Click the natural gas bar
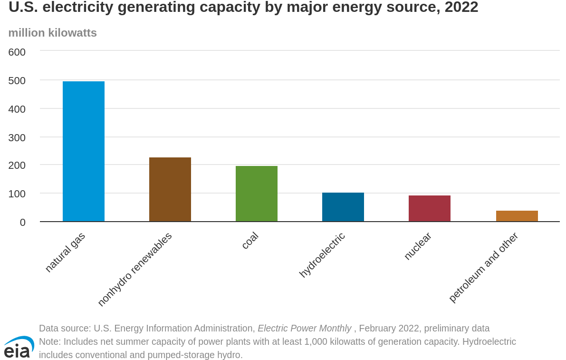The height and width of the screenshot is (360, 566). pos(84,151)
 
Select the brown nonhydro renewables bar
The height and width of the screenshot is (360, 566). pos(170,189)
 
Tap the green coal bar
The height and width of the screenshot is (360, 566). pos(257,194)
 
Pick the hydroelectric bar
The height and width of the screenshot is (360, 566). pos(343,207)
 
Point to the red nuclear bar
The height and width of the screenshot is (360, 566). pos(430,208)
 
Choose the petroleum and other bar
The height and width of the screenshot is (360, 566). pos(517,216)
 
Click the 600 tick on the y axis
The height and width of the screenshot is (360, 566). pos(17,52)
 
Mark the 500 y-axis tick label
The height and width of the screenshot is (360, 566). pos(17,80)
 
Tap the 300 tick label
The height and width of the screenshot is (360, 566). pos(17,137)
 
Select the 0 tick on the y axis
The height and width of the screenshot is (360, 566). pos(22,222)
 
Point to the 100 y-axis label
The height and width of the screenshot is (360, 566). pos(17,194)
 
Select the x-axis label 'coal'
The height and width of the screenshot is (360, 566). pos(250,240)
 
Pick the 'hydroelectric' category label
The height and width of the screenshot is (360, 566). pos(322,255)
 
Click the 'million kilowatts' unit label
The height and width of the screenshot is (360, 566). pos(53,33)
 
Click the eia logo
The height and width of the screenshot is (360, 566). pos(19,347)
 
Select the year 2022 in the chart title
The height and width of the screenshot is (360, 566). pos(461,8)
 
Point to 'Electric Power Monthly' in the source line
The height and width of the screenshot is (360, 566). pos(304,328)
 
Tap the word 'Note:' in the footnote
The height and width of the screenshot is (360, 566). pos(50,341)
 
